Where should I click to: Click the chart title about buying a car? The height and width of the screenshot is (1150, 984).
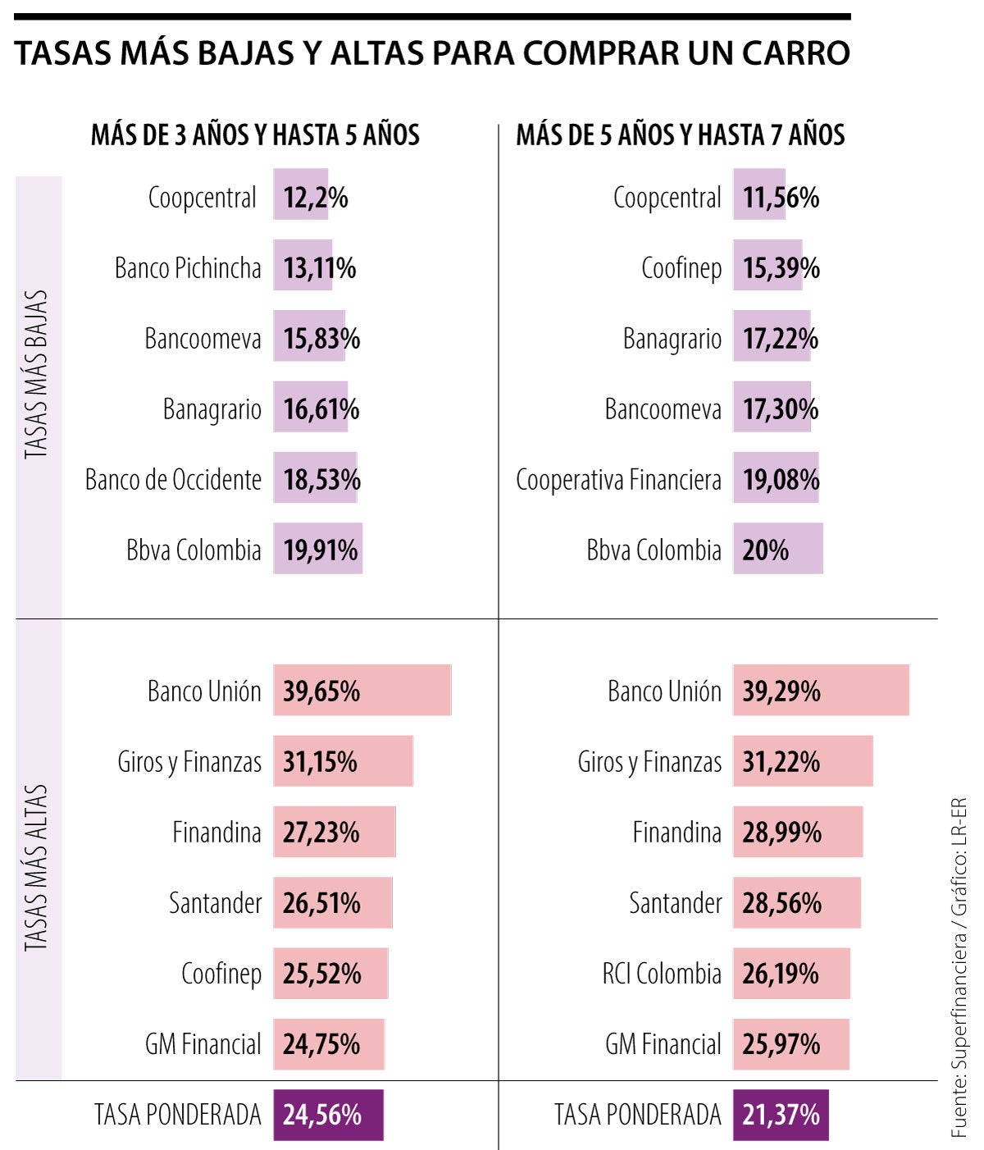(432, 53)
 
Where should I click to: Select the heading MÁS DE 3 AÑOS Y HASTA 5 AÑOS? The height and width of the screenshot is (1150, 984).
(255, 135)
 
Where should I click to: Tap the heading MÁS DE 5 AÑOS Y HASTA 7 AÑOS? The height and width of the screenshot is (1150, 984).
(680, 135)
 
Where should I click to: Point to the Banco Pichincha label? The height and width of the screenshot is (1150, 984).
(188, 268)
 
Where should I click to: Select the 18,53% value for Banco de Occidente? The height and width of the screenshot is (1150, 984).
(321, 480)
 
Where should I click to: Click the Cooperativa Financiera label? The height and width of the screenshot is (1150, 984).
(618, 480)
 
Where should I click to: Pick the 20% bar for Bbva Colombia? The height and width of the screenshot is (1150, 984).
(777, 550)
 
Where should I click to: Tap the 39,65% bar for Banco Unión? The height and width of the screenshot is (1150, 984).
(362, 691)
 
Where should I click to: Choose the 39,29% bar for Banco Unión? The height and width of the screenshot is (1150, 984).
(821, 691)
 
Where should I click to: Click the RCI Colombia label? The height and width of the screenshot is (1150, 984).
(662, 974)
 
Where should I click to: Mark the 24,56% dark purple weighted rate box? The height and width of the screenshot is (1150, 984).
(328, 1115)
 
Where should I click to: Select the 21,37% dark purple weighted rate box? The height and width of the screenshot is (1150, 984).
(781, 1115)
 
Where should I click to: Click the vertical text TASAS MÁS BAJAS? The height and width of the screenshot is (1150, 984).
(37, 375)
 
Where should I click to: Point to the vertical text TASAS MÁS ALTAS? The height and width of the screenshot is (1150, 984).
(37, 869)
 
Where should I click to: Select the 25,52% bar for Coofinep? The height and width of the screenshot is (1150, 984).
(330, 974)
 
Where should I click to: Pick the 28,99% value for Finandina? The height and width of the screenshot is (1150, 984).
(781, 833)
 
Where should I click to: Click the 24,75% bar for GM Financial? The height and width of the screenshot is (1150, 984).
(329, 1044)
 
